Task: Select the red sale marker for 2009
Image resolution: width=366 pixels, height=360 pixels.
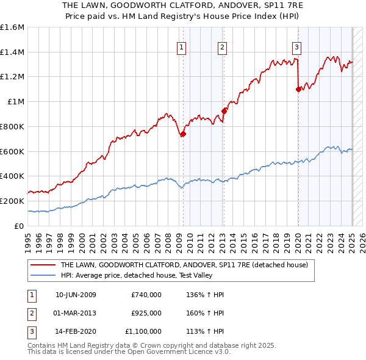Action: [183, 134]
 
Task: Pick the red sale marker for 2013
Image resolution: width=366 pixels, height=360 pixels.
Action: [224, 111]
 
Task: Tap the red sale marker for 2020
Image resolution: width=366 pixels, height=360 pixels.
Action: [298, 89]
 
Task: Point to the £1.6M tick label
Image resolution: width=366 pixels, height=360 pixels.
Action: [12, 27]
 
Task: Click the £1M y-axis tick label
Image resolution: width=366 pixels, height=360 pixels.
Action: [16, 102]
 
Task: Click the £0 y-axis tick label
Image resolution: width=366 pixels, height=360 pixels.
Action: [20, 226]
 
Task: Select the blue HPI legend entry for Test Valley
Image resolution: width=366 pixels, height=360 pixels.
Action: [165, 275]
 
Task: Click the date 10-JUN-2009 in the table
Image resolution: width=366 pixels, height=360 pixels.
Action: [76, 295]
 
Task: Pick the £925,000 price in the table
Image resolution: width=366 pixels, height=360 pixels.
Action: [146, 313]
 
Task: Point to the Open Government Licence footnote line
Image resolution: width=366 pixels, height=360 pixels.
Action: [129, 352]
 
